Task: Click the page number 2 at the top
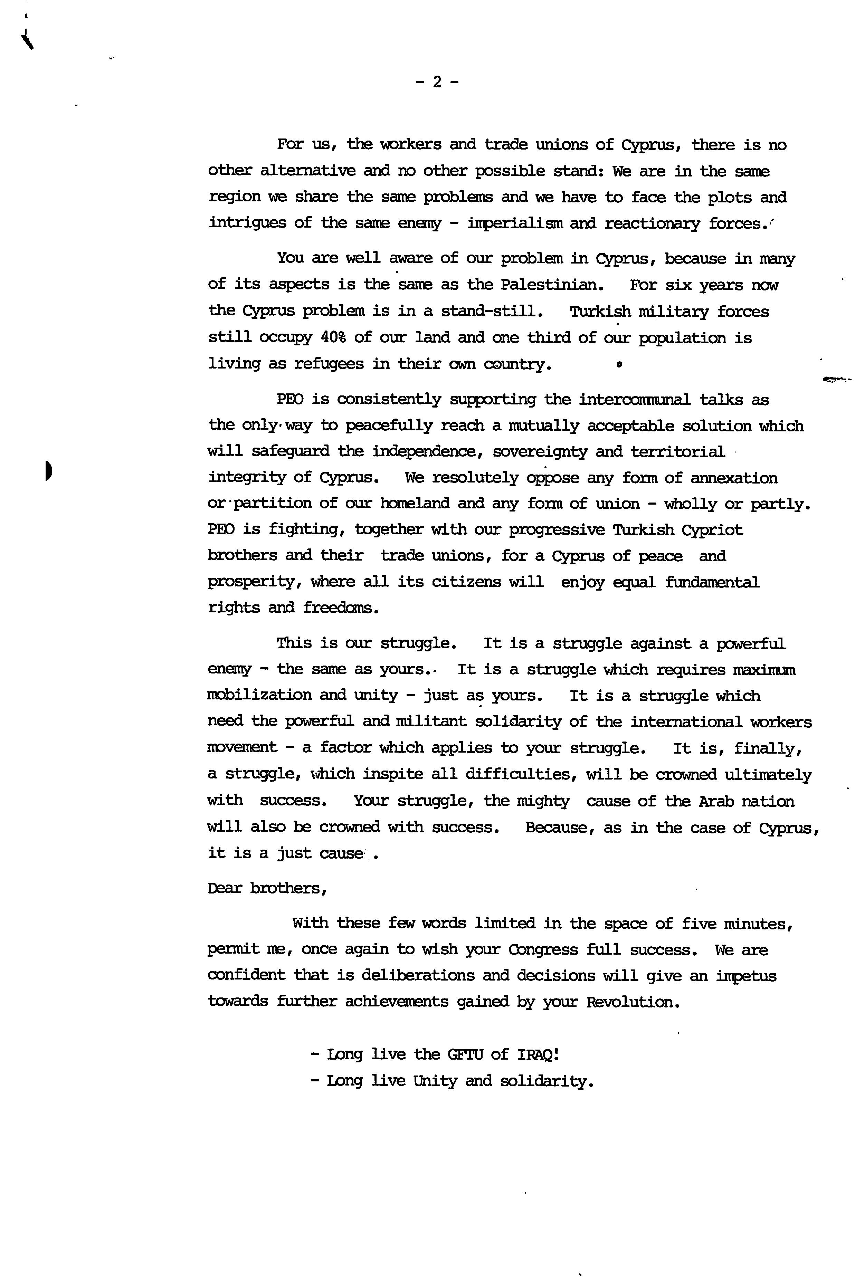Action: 437,82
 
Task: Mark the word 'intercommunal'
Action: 635,400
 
